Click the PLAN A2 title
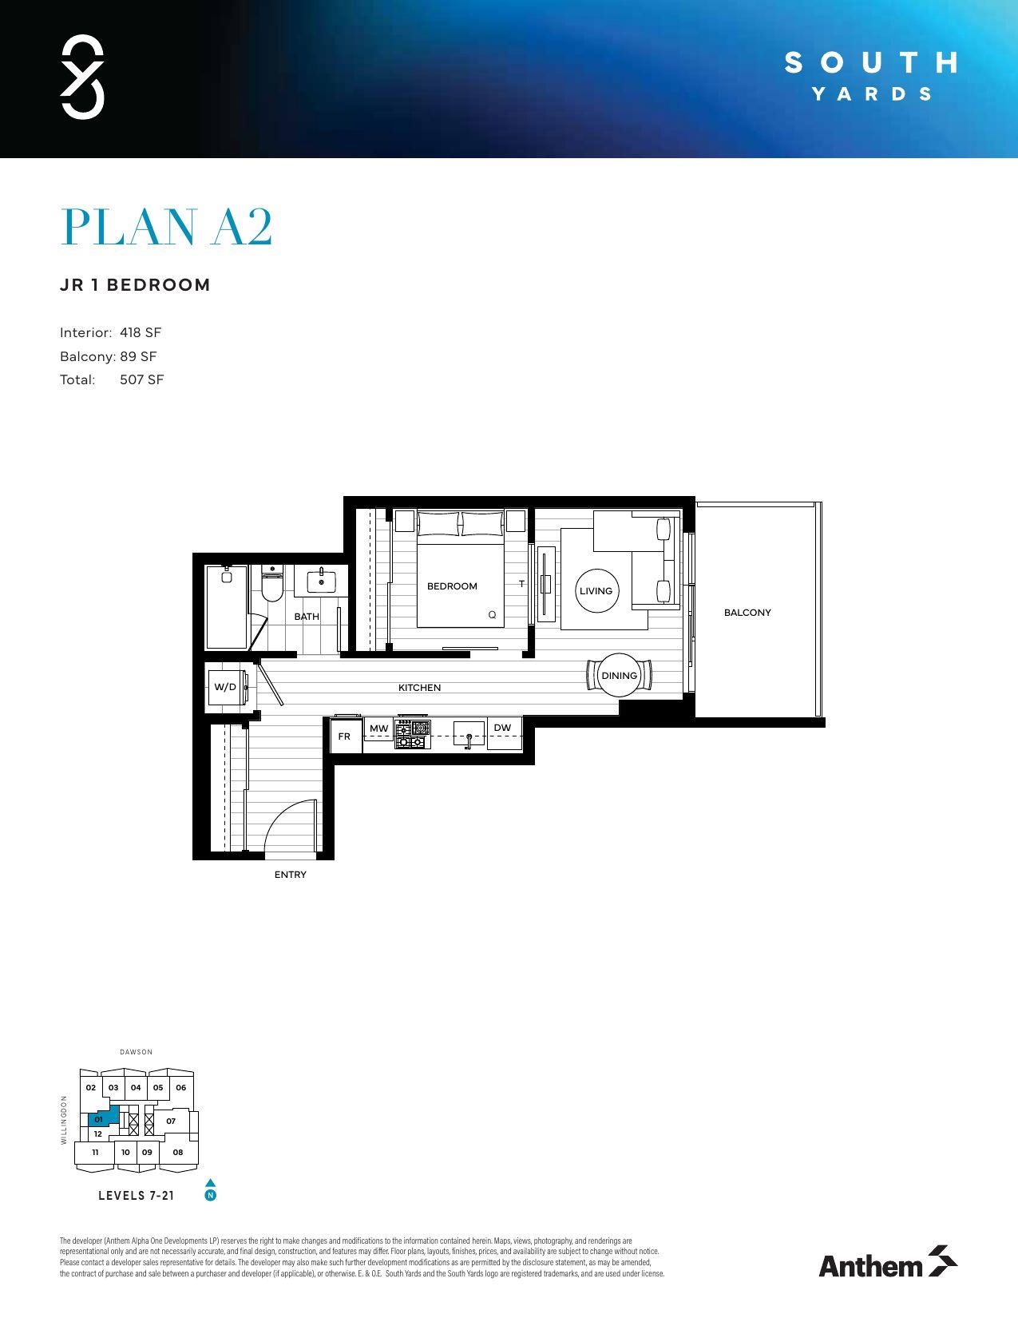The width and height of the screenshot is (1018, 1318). click(167, 228)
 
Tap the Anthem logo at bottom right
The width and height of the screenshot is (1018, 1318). click(887, 1264)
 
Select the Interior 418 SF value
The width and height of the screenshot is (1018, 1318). click(141, 332)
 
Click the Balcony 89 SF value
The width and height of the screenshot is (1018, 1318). click(138, 356)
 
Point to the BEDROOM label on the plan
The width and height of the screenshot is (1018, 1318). click(452, 586)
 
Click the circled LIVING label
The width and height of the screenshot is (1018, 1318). click(596, 591)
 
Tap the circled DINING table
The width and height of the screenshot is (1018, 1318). click(620, 676)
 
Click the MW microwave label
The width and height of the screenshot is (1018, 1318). click(378, 728)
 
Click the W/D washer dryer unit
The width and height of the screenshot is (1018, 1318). click(225, 688)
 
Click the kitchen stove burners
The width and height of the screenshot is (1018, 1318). click(412, 735)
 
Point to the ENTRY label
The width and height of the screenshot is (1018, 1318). click(291, 875)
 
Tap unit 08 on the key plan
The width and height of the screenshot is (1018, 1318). click(178, 1152)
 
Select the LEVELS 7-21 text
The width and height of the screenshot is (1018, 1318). click(136, 1196)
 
